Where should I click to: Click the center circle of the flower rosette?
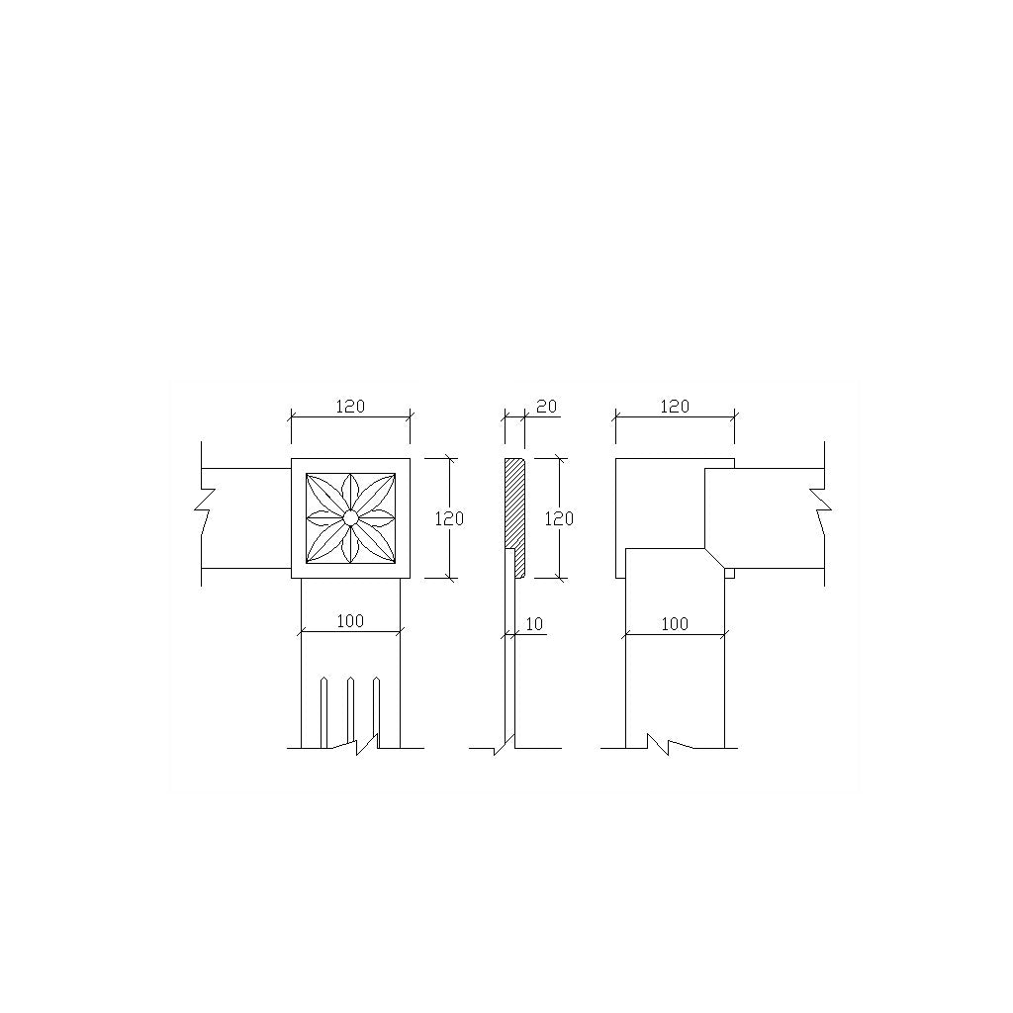tap(350, 517)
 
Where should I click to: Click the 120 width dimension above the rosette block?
tap(350, 407)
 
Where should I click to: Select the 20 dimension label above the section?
tap(546, 407)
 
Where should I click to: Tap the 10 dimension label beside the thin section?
tap(534, 624)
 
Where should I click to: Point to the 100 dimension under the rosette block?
tap(350, 621)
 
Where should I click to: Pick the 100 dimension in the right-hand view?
tap(675, 624)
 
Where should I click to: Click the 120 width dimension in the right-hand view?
tap(675, 407)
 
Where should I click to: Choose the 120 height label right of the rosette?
tap(449, 518)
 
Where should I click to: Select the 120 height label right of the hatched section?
tap(559, 518)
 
